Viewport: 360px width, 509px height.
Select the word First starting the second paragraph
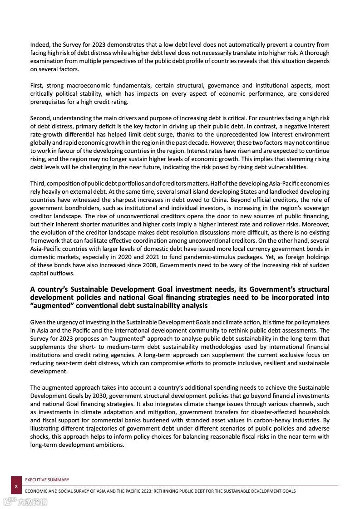point(37,86)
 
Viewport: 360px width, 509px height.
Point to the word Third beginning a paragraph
point(38,183)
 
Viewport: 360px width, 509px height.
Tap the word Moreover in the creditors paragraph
point(316,224)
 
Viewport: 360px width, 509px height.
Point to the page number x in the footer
point(16,485)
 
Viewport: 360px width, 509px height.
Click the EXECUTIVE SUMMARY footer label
point(47,480)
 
